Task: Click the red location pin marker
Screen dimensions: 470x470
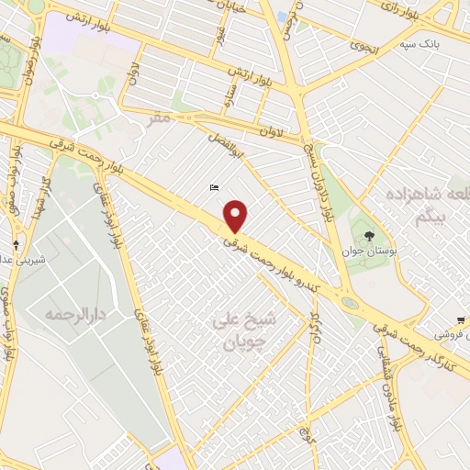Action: click(x=236, y=215)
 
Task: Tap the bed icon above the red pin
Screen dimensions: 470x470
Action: click(x=215, y=188)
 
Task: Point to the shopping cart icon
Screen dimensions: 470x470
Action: click(x=460, y=320)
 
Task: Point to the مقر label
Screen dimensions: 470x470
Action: click(x=162, y=117)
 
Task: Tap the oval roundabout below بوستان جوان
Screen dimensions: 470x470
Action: click(x=350, y=302)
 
